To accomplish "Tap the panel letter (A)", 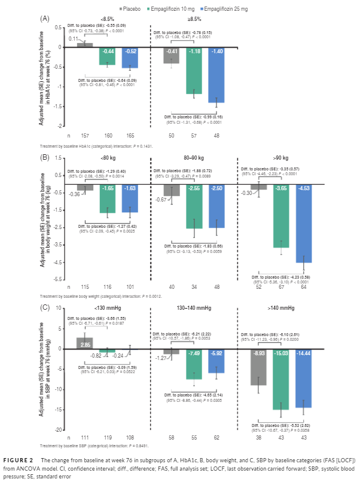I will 45,18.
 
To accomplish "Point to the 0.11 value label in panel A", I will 74,39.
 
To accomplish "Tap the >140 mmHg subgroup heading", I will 282,308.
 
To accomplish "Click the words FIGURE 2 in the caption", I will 20,459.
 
